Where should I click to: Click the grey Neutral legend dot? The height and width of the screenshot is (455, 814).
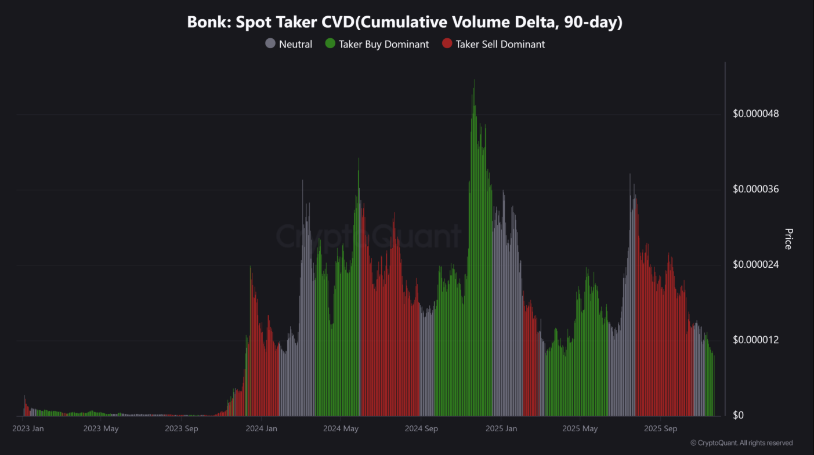pyautogui.click(x=270, y=43)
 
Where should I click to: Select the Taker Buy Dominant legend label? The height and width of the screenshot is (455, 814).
pyautogui.click(x=384, y=44)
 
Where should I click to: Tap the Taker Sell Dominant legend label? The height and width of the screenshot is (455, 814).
pyautogui.click(x=500, y=44)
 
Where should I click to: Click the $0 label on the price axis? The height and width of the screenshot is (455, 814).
pyautogui.click(x=739, y=416)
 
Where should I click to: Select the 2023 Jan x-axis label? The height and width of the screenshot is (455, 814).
pyautogui.click(x=28, y=429)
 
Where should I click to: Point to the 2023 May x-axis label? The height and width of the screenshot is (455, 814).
pyautogui.click(x=101, y=429)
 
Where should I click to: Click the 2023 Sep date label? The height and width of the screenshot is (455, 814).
pyautogui.click(x=182, y=429)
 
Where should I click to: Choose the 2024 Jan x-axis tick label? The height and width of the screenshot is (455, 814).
pyautogui.click(x=262, y=429)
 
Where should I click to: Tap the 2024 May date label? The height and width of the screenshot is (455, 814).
pyautogui.click(x=341, y=429)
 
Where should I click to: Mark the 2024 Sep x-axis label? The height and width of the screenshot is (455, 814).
pyautogui.click(x=421, y=429)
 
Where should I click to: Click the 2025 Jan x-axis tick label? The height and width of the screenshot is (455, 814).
pyautogui.click(x=501, y=429)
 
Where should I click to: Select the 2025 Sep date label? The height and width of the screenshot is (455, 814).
pyautogui.click(x=661, y=429)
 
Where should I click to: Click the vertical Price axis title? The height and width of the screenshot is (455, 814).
pyautogui.click(x=788, y=239)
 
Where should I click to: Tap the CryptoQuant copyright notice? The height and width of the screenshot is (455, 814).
pyautogui.click(x=741, y=443)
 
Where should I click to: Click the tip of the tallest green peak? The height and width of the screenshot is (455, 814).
pyautogui.click(x=475, y=81)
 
